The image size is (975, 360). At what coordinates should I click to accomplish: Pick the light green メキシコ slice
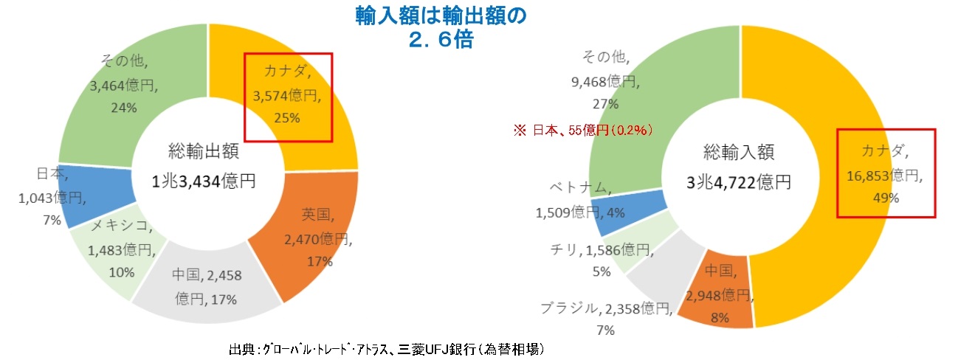coord(111,251)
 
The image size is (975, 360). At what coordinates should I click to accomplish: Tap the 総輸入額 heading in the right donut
coord(737,153)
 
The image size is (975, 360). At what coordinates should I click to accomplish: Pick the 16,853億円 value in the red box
coord(885,176)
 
